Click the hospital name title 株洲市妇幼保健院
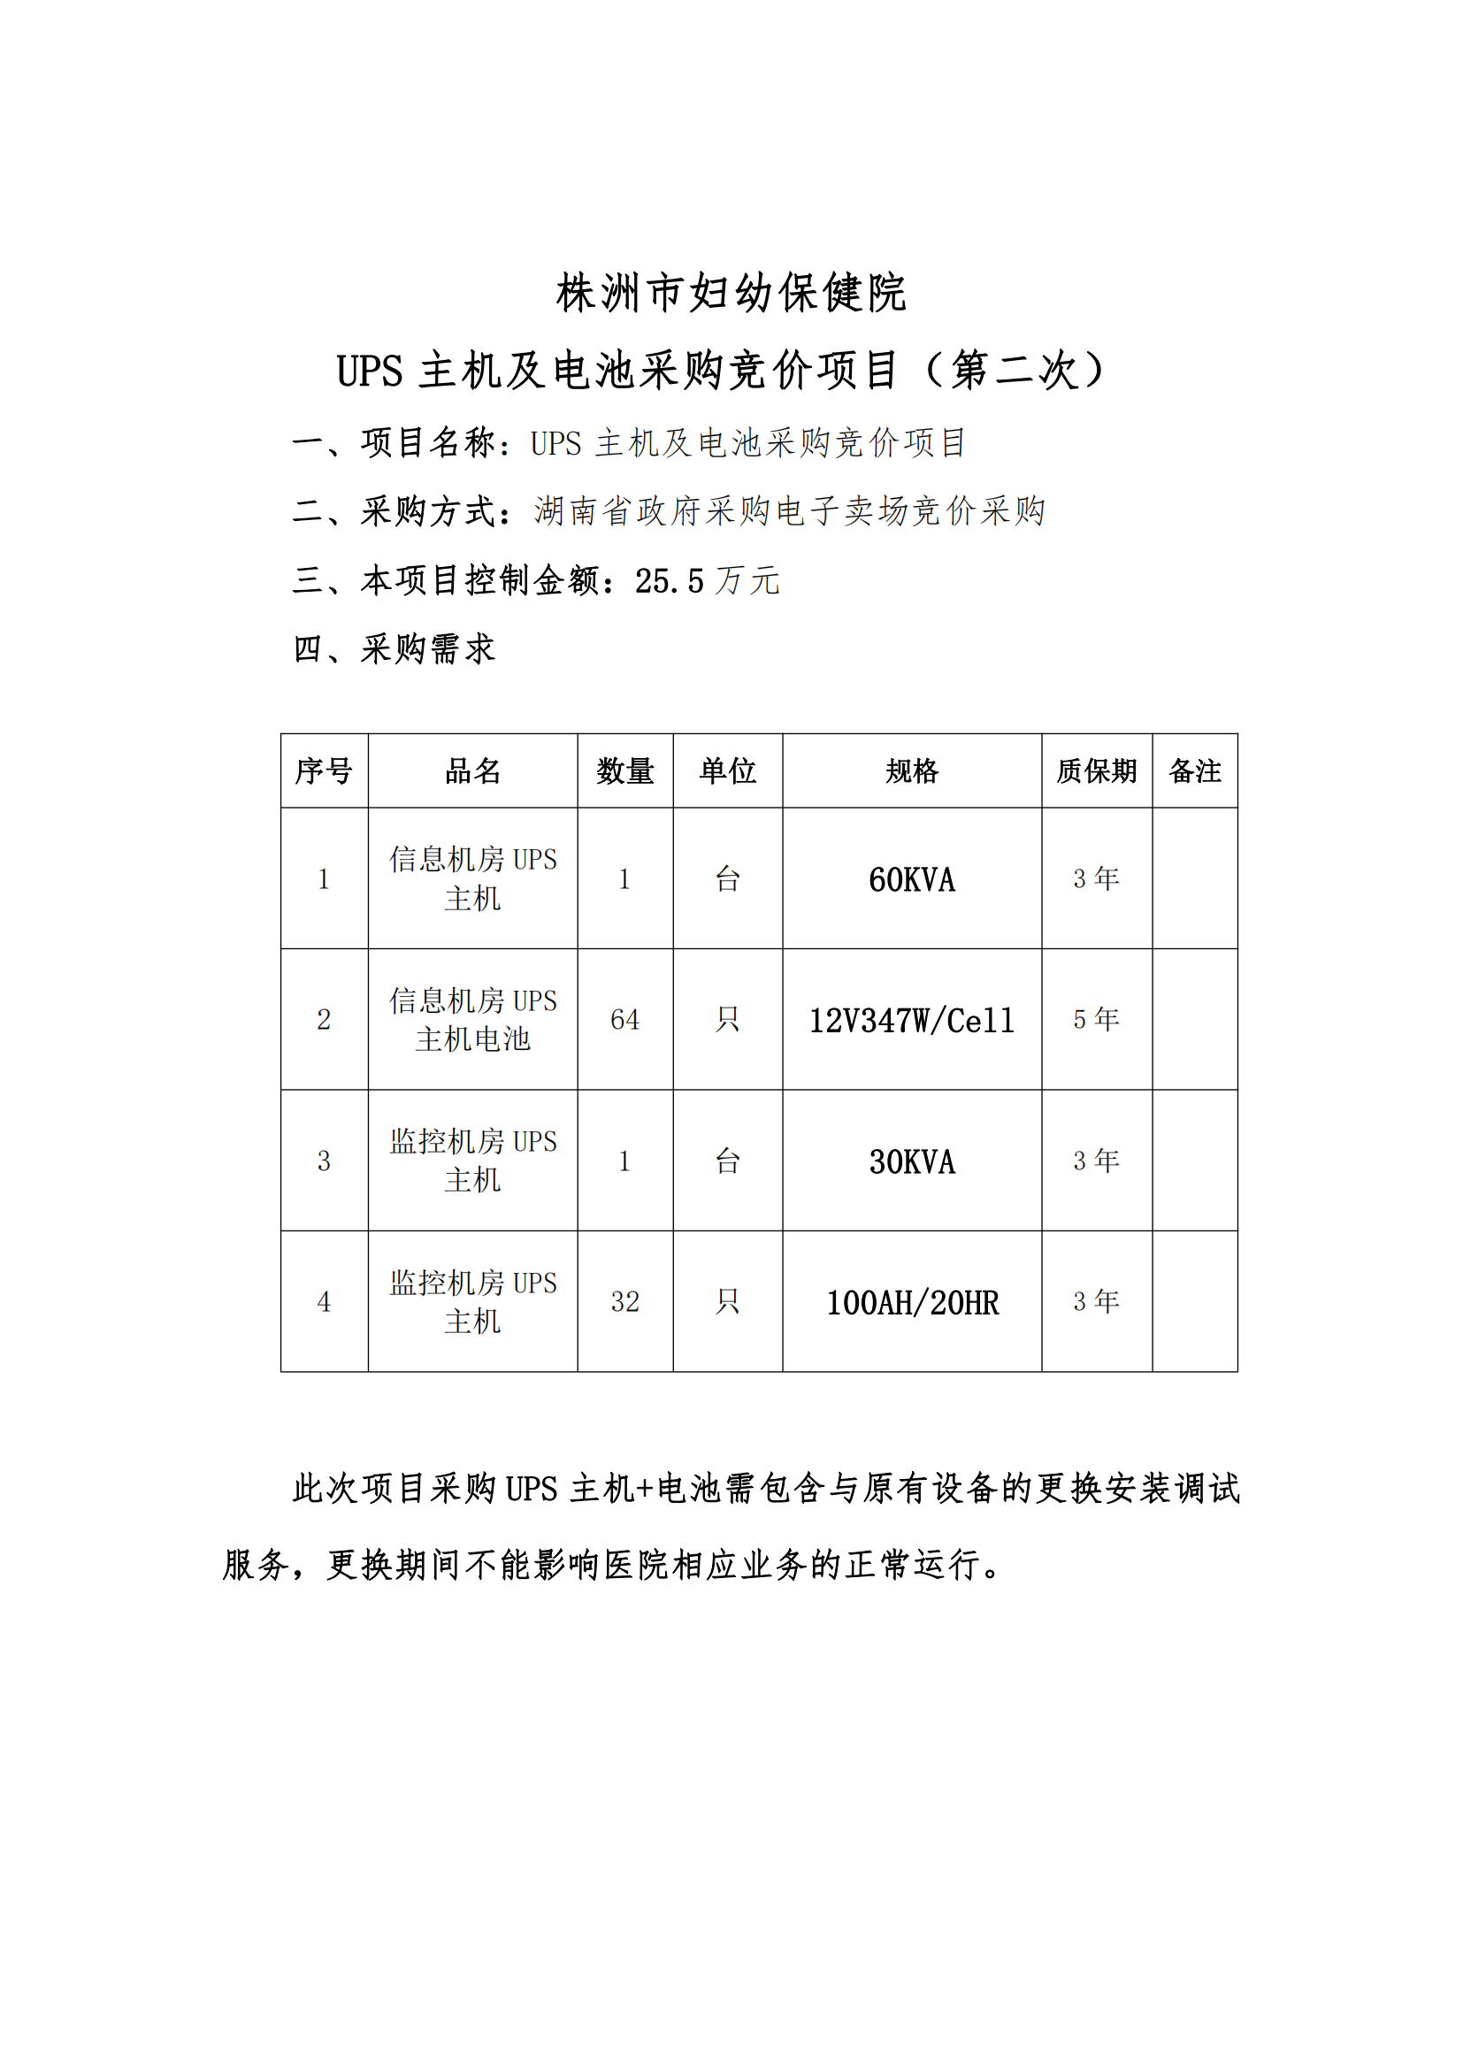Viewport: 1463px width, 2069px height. [731, 293]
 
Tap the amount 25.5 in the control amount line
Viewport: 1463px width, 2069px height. [669, 581]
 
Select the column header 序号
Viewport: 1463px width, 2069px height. [324, 771]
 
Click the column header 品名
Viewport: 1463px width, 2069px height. [472, 771]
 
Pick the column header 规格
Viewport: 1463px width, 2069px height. [912, 771]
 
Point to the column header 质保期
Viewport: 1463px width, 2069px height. [1096, 771]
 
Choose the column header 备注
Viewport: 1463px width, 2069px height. [1194, 771]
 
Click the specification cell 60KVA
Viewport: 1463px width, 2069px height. [912, 879]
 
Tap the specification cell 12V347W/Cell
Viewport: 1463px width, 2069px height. [912, 1021]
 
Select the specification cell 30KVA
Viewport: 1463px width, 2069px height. [912, 1162]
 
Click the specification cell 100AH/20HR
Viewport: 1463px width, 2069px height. [912, 1303]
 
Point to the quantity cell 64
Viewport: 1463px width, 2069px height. [624, 1020]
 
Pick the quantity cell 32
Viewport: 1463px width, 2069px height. [624, 1302]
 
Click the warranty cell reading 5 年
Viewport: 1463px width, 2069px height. [1096, 1020]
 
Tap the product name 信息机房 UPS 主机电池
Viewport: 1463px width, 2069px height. [472, 1020]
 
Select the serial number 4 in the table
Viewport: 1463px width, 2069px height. [324, 1302]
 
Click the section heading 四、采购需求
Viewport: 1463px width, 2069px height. [394, 648]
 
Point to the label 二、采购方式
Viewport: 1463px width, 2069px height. [403, 512]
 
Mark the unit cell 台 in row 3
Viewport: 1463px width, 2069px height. [727, 1161]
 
